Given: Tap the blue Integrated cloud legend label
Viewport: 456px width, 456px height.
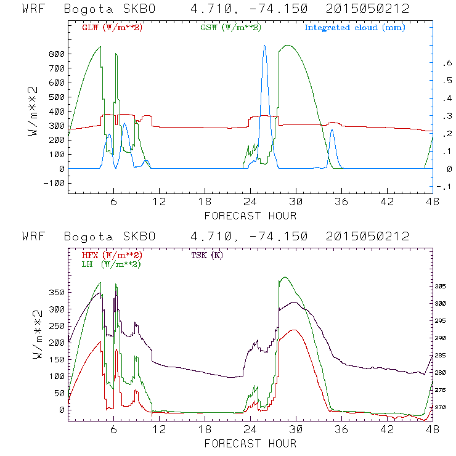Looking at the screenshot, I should coord(355,28).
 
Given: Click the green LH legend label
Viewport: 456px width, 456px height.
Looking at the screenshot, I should coord(112,264).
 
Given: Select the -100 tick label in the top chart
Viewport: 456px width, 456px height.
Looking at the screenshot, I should coord(54,183).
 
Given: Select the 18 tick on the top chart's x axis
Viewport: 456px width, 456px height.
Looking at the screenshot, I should coord(205,202).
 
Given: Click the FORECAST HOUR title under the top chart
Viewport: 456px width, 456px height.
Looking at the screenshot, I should coord(250,216).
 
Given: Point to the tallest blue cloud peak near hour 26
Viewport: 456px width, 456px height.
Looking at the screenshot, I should coord(264,46).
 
